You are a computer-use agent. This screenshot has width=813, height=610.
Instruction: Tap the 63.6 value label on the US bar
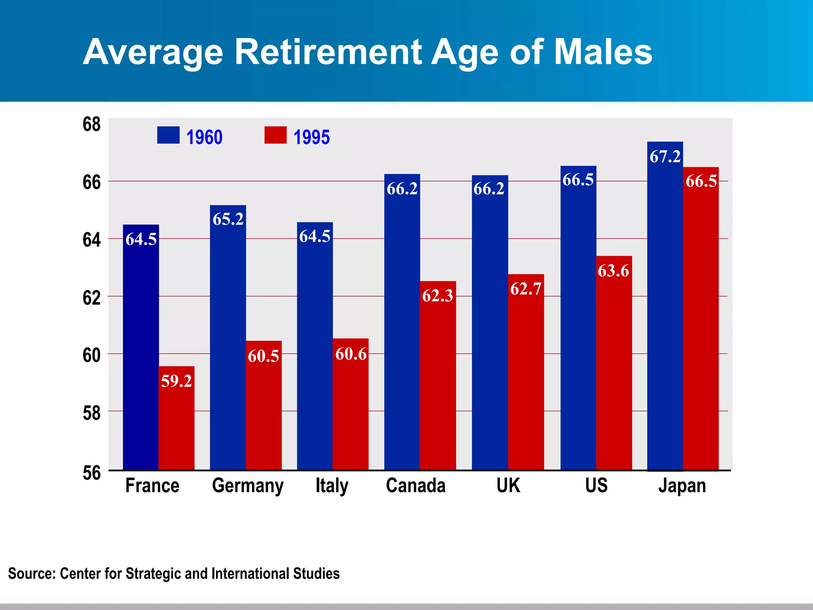pos(613,271)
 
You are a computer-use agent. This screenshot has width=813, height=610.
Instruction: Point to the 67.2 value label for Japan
pos(665,157)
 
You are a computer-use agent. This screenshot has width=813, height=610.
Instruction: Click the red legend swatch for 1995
pos(275,135)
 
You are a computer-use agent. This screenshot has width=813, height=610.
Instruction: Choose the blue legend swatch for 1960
pos(168,135)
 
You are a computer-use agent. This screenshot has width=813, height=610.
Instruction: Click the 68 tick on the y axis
pos(92,125)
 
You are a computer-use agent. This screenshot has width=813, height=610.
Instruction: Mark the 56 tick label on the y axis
pos(92,473)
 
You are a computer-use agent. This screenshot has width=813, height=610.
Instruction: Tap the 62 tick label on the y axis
pos(92,298)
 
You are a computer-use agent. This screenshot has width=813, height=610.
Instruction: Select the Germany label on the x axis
pos(248,486)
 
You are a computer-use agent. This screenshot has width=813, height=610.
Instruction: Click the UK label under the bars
pos(508,486)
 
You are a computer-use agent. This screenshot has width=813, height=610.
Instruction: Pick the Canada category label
pos(416,486)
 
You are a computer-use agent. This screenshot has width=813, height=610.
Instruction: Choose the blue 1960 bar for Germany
pos(228,342)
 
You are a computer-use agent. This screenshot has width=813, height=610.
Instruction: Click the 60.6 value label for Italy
pos(351,354)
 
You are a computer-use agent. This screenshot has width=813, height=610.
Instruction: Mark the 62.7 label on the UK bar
pos(526,289)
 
